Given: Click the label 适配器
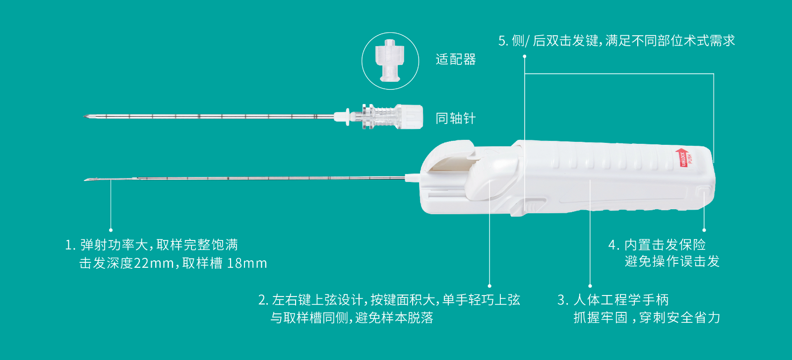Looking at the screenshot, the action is click(456, 60).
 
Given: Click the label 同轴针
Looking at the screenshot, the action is click(456, 119).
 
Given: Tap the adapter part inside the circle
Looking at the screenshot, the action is click(390, 60).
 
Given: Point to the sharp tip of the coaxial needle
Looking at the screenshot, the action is click(84, 116).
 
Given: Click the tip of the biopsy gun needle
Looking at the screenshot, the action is click(84, 180).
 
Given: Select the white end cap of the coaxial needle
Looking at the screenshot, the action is click(411, 117).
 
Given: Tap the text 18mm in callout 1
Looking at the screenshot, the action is click(247, 263).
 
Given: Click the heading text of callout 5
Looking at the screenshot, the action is click(616, 41).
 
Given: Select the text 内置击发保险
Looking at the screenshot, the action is click(665, 245).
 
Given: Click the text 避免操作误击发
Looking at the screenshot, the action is click(672, 261).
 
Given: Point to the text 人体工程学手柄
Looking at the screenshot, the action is click(621, 300).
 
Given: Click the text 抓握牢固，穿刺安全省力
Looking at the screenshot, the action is click(647, 317).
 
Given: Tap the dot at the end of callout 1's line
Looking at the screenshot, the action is click(111, 230).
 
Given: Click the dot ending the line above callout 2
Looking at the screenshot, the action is click(489, 286).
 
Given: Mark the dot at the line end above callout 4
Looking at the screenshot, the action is click(704, 230).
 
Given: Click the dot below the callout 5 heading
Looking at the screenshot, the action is click(524, 57).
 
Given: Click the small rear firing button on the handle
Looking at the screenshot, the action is click(704, 191).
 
